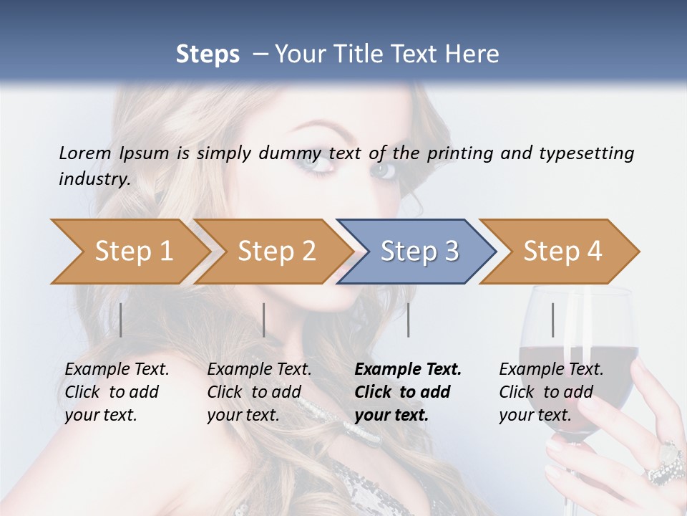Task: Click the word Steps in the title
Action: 208,54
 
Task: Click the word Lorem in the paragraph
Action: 84,153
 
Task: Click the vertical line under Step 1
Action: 121,320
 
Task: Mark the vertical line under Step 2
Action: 264,320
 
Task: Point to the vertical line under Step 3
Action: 408,320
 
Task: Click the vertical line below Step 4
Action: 552,320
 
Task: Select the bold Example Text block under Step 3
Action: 408,392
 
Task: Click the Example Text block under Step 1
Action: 117,392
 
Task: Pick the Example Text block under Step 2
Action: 259,392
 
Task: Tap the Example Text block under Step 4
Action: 551,392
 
